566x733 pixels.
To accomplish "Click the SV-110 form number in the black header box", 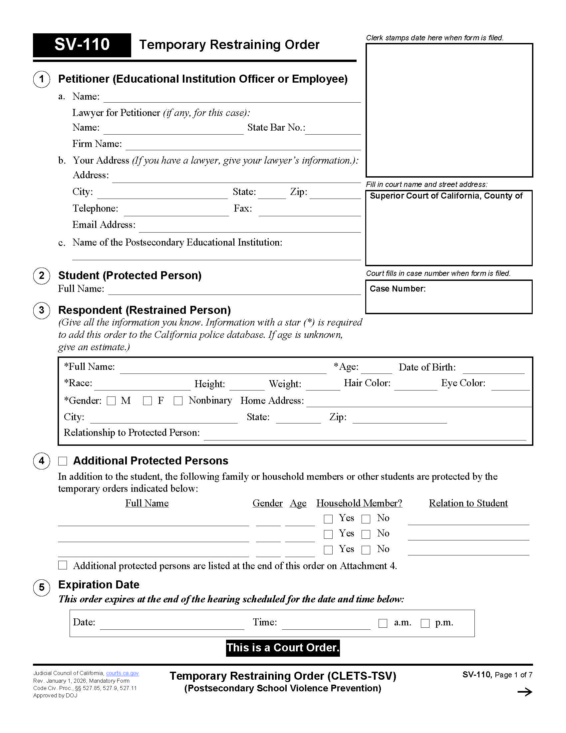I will [82, 45].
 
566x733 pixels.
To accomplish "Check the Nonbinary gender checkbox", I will [178, 401].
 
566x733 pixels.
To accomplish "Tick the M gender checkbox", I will [111, 401].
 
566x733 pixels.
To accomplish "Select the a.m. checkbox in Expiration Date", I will [383, 623].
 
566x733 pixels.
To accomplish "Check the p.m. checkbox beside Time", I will [425, 623].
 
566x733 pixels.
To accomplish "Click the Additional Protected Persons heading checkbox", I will [63, 461].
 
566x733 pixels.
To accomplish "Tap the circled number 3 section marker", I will [42, 310].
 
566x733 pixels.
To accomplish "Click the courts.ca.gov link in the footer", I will [123, 673].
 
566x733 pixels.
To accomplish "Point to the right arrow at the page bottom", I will [524, 692].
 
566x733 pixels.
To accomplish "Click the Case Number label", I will [397, 289].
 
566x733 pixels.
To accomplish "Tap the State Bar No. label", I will [276, 128].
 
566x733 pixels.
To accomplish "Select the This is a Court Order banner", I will [283, 647].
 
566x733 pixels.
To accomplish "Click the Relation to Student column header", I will [468, 503].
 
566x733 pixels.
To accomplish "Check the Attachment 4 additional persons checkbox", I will [63, 565].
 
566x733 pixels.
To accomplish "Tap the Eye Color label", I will [463, 383].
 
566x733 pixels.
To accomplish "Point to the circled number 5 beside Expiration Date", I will [42, 587].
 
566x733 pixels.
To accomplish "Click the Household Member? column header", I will [359, 503].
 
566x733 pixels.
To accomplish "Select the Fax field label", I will [243, 209].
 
